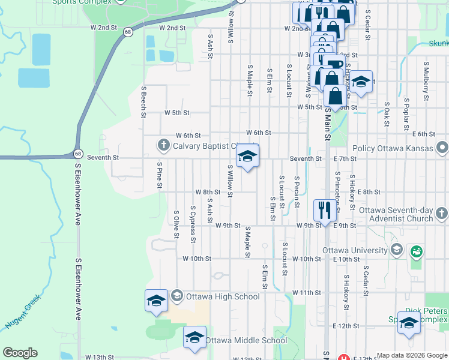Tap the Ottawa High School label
(223, 296)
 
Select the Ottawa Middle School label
(246, 340)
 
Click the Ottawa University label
(355, 250)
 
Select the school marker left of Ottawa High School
(156, 301)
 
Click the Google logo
(20, 353)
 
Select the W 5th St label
(177, 112)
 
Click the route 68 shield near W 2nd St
(128, 32)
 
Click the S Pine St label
(160, 175)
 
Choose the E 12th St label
(346, 326)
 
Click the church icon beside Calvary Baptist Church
(163, 145)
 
